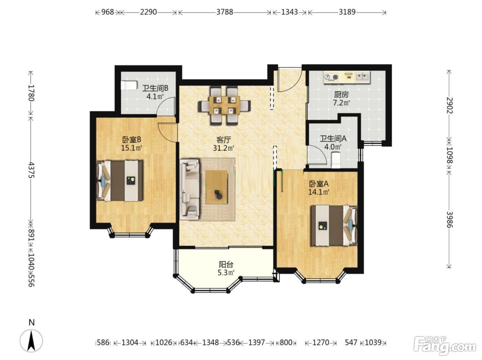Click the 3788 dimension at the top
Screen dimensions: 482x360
click(x=224, y=12)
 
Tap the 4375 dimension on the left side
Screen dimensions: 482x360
click(x=31, y=170)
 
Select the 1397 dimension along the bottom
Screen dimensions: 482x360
click(x=256, y=342)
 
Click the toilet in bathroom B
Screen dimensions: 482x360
click(x=129, y=85)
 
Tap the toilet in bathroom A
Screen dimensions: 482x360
click(x=336, y=160)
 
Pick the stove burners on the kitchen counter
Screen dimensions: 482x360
click(x=331, y=77)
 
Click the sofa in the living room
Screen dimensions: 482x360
click(x=189, y=189)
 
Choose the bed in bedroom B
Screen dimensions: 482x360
click(x=120, y=181)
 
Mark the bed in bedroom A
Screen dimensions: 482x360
click(x=334, y=225)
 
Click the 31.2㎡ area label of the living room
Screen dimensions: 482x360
click(x=223, y=148)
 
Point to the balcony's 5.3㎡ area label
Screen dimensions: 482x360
click(x=226, y=272)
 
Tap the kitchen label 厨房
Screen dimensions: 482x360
click(x=341, y=95)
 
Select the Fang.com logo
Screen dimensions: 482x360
click(x=444, y=346)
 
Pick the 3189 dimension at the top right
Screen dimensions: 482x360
click(x=347, y=12)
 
